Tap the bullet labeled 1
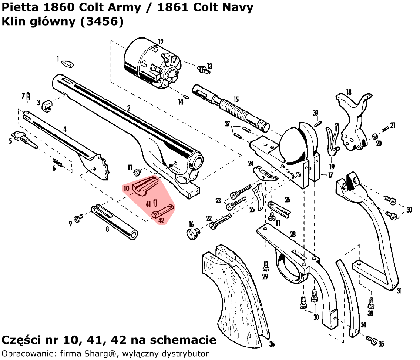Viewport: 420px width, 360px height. (x=67, y=64)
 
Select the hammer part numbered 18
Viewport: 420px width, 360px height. (x=353, y=122)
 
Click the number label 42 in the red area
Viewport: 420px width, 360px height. (x=161, y=220)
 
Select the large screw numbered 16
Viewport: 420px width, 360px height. (x=192, y=233)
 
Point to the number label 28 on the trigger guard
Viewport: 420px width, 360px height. (x=293, y=234)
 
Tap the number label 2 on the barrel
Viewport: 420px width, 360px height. (x=128, y=108)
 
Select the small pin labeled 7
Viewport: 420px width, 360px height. (x=28, y=96)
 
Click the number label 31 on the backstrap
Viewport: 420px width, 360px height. (x=399, y=291)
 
